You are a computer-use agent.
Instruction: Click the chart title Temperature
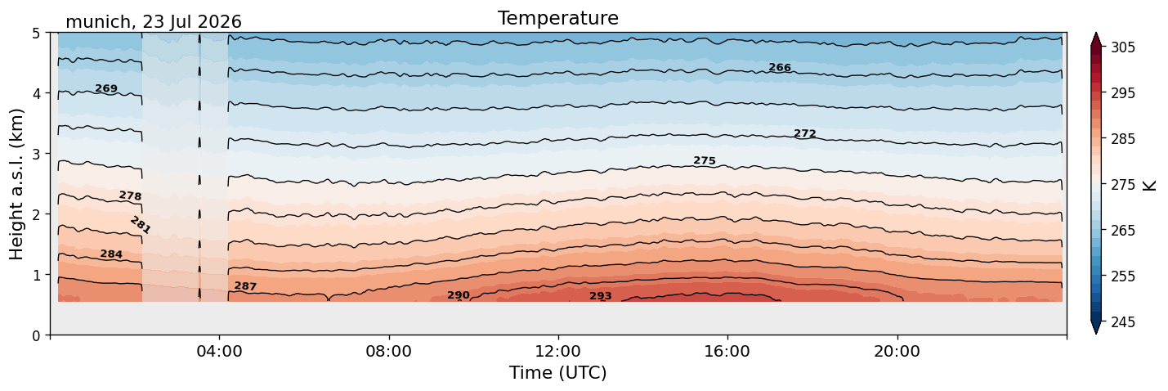click(x=558, y=18)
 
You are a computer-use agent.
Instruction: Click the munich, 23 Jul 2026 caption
click(x=154, y=22)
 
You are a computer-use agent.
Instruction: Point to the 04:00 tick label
click(x=220, y=352)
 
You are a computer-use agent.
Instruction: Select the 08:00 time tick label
click(x=389, y=352)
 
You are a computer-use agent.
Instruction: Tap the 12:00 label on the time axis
click(x=558, y=352)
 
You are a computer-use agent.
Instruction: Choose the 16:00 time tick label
click(x=727, y=352)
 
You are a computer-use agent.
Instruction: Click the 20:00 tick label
click(x=897, y=352)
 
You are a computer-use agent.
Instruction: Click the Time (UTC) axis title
click(x=558, y=373)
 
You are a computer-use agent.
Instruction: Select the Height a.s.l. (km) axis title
click(x=16, y=184)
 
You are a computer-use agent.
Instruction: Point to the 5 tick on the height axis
click(x=36, y=34)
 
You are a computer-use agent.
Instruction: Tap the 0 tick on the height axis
click(x=36, y=335)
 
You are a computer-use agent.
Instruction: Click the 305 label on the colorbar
click(x=1122, y=47)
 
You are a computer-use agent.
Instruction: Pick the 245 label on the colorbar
click(x=1122, y=322)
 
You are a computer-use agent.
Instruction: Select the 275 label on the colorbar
click(x=1122, y=186)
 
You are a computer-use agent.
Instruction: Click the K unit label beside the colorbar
click(x=1149, y=186)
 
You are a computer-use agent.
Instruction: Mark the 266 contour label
click(x=780, y=67)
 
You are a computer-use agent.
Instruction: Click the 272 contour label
click(x=805, y=133)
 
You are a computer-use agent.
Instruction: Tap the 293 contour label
click(x=601, y=296)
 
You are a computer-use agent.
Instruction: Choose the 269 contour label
click(x=106, y=88)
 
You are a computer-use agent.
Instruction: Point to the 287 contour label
click(x=245, y=286)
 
